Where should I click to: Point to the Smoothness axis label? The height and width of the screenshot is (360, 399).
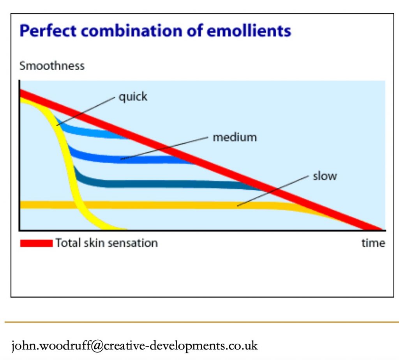52,65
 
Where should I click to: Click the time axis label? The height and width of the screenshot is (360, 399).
373,243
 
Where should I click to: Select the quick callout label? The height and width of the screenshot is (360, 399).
133,96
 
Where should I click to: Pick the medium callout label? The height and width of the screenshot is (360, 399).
235,137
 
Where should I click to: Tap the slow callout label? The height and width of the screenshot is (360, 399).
325,176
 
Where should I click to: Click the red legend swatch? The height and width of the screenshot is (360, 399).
36,243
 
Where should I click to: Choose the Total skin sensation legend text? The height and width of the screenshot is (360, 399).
106,243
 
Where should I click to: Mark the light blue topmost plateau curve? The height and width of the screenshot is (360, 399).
90,132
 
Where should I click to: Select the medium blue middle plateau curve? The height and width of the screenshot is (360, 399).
148,159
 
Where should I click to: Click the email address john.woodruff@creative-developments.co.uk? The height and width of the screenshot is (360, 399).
134,346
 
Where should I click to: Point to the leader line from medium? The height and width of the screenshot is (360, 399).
164,148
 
